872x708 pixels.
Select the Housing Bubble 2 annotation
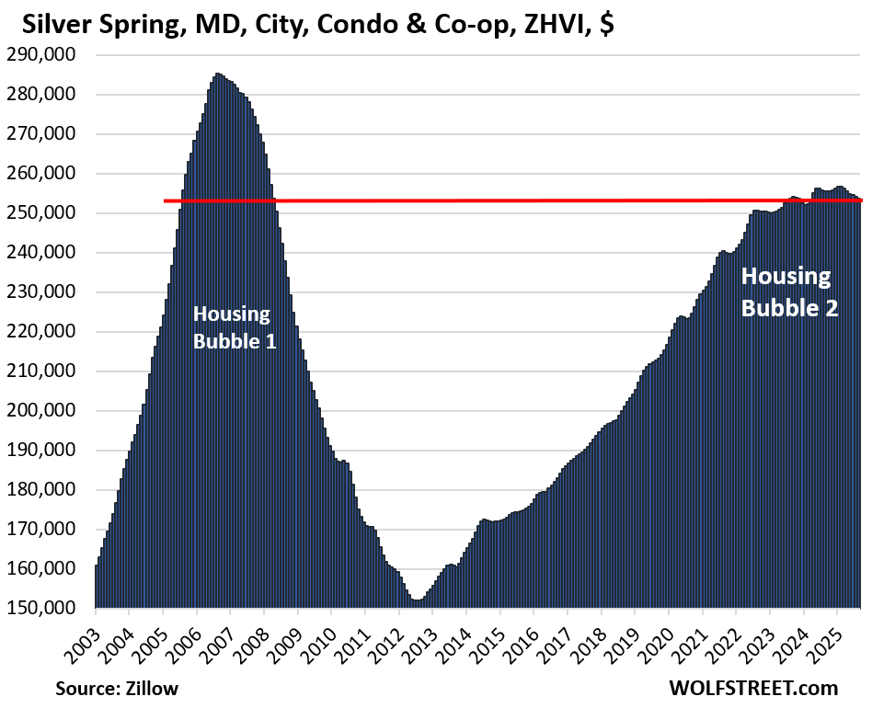pyautogui.click(x=788, y=291)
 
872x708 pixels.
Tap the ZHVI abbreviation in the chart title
pyautogui.click(x=546, y=24)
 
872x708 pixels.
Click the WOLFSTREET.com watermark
pyautogui.click(x=755, y=688)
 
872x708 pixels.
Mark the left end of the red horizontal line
pyautogui.click(x=165, y=200)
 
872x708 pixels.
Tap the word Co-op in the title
pyautogui.click(x=467, y=24)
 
